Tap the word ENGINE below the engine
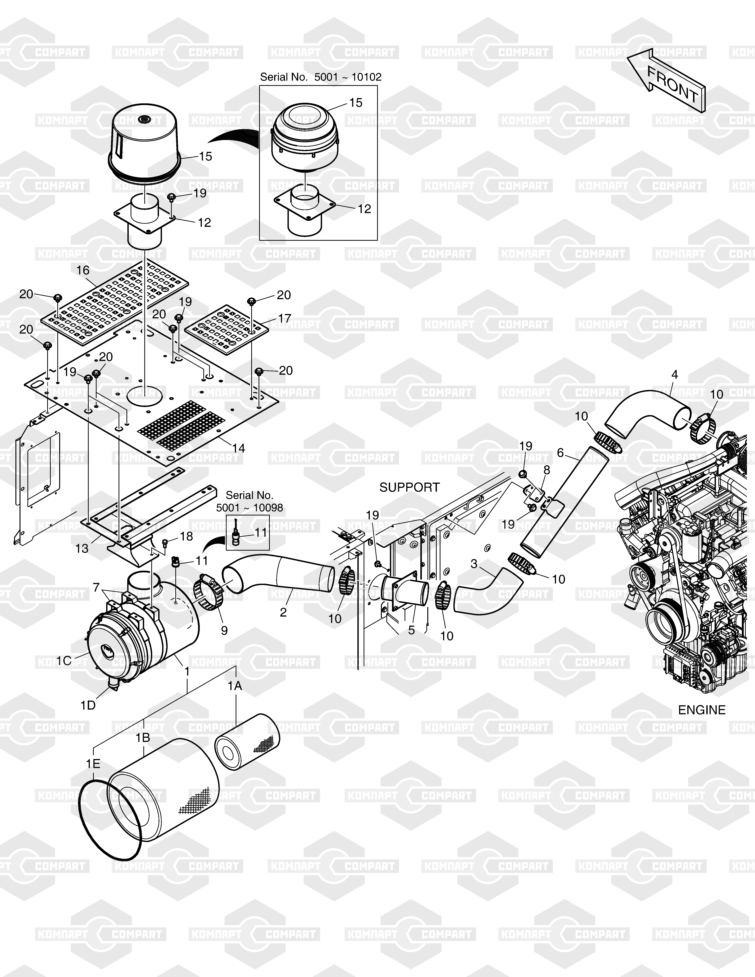click(x=702, y=710)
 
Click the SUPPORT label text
click(x=410, y=487)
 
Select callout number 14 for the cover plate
click(x=239, y=448)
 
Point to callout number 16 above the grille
click(x=83, y=270)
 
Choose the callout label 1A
click(x=235, y=686)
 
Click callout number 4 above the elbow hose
click(x=675, y=375)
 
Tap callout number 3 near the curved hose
click(x=474, y=564)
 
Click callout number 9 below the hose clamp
click(x=224, y=630)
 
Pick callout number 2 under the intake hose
click(x=283, y=612)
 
